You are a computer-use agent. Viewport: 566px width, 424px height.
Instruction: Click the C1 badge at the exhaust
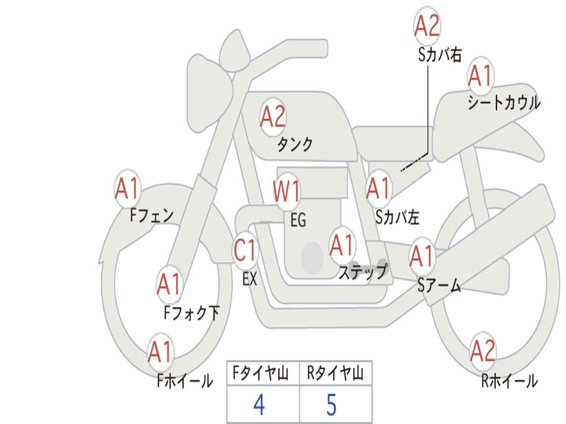[245, 250]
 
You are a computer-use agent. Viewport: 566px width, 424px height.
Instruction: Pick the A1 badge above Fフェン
[128, 188]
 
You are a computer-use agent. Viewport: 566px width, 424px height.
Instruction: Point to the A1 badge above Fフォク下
[169, 284]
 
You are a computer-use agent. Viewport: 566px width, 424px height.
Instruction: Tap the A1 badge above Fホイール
[160, 352]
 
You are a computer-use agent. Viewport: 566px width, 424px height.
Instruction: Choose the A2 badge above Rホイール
[483, 351]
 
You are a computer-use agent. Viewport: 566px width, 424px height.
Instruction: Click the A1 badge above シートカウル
[481, 75]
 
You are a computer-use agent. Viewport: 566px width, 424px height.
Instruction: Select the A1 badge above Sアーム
[422, 256]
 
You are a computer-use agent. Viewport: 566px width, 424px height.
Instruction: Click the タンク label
[295, 145]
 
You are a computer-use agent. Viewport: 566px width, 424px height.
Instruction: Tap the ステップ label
[363, 272]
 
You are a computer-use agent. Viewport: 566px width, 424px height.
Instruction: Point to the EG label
[298, 220]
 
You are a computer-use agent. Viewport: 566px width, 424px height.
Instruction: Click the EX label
[250, 279]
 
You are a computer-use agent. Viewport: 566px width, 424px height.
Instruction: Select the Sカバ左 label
[397, 217]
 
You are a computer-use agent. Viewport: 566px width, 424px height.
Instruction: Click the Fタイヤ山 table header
[261, 373]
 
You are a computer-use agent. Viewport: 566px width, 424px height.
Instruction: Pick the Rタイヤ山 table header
[335, 373]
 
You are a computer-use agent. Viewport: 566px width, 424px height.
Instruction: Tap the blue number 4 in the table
[259, 405]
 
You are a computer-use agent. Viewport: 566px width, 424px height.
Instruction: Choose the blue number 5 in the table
[332, 405]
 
